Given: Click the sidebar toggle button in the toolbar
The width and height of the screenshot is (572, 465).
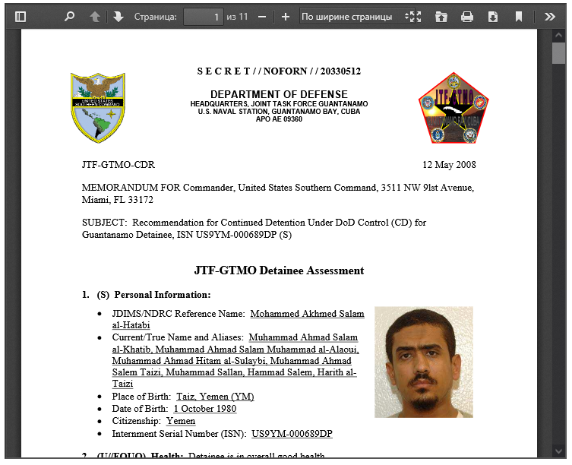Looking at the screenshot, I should pyautogui.click(x=21, y=16).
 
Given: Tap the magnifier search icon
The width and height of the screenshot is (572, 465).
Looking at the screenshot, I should pyautogui.click(x=69, y=16).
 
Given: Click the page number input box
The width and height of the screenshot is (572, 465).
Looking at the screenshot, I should pyautogui.click(x=203, y=16).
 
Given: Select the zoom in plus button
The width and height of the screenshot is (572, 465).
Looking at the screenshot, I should pyautogui.click(x=285, y=16).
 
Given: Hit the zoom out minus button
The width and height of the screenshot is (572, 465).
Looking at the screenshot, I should pyautogui.click(x=262, y=16).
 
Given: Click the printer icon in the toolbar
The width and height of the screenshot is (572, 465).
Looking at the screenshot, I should pyautogui.click(x=467, y=16).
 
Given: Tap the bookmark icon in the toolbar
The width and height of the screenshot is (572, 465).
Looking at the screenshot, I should pyautogui.click(x=519, y=16).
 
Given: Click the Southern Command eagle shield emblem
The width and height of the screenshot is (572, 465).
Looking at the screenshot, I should pyautogui.click(x=98, y=108).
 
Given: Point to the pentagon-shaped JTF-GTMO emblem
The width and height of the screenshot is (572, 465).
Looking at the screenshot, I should pyautogui.click(x=453, y=109).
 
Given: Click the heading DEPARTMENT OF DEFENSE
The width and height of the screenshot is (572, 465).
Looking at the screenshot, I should pyautogui.click(x=279, y=94).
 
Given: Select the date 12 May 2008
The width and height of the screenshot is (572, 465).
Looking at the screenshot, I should pyautogui.click(x=449, y=165).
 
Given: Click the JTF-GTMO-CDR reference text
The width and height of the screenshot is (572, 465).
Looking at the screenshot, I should pyautogui.click(x=118, y=165).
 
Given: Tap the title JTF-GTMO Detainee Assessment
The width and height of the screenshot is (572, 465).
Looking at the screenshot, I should pyautogui.click(x=279, y=270).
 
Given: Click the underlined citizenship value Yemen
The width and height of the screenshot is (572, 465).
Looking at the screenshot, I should pyautogui.click(x=180, y=421).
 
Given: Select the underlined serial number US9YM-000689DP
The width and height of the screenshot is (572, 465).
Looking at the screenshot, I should pyautogui.click(x=292, y=434).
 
